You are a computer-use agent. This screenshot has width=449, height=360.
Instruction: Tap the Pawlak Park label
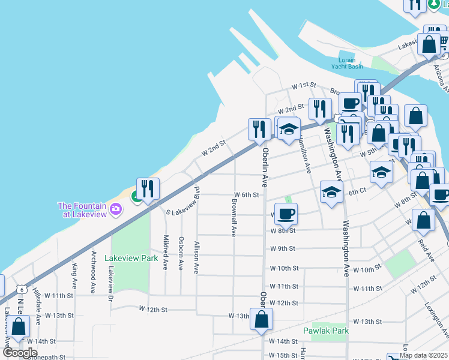pyautogui.click(x=327, y=331)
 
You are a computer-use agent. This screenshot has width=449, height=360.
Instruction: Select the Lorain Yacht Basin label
pyautogui.click(x=343, y=64)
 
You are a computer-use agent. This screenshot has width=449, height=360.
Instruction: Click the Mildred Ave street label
pyautogui.click(x=165, y=252)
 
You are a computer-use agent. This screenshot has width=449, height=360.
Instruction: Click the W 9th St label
pyautogui.click(x=283, y=248)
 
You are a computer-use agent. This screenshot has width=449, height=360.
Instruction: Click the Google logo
pyautogui.click(x=20, y=352)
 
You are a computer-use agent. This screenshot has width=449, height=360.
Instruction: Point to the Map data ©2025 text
pyautogui.click(x=423, y=355)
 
